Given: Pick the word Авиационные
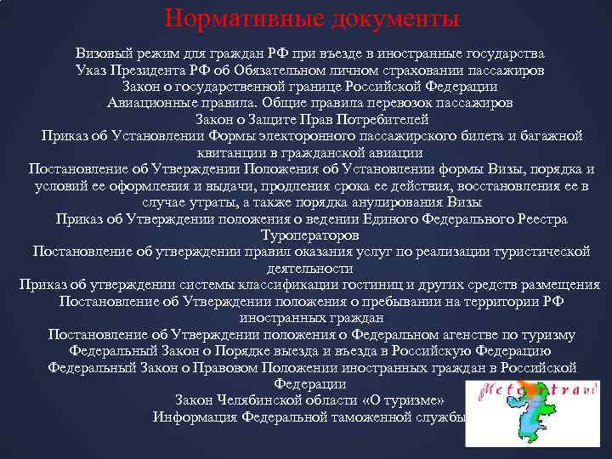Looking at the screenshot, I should coord(150,103).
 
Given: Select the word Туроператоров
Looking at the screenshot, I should coord(310,235).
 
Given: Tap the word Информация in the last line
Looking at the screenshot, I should coord(195,416).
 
